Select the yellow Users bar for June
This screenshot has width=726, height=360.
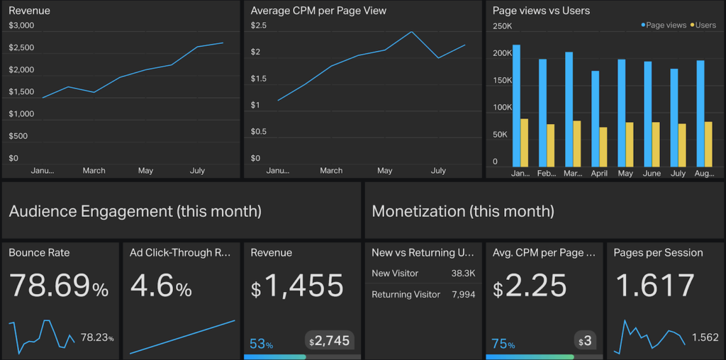point(656,145)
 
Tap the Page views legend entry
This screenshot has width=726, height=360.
point(665,26)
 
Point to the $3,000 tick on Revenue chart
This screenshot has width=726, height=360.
point(21,26)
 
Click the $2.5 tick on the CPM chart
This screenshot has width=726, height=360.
point(259,26)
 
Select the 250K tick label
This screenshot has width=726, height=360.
point(502,26)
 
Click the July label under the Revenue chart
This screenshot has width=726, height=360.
point(197,171)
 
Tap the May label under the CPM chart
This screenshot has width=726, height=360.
point(385,171)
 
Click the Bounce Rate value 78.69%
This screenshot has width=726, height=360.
point(59,286)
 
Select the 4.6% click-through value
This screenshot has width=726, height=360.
point(161,286)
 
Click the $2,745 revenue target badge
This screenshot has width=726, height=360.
point(328,341)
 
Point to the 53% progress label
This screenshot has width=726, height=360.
point(261,344)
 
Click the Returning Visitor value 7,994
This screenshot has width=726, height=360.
point(463,294)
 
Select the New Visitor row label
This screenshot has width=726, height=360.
point(395,274)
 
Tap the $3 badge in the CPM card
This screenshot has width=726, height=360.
point(585,342)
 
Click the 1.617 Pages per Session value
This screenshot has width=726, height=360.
point(655,286)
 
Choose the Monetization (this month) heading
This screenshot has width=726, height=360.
point(463,211)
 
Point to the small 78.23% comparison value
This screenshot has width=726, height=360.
point(97,338)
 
